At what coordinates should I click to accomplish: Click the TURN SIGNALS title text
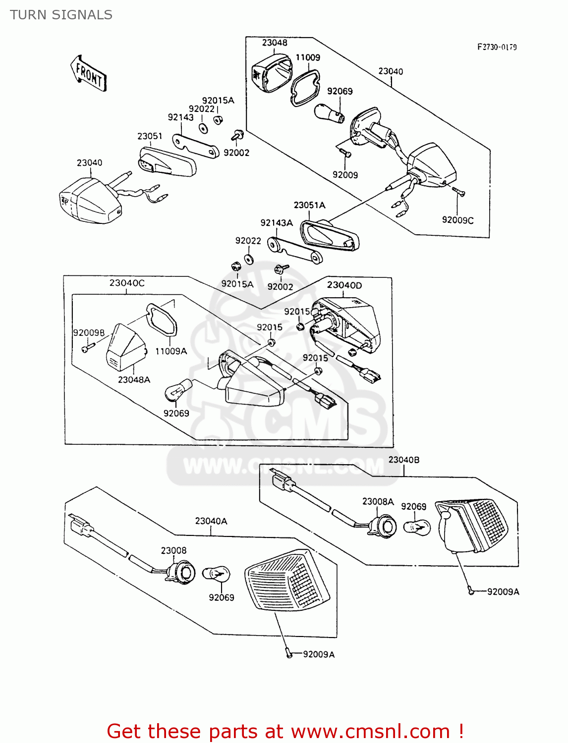coord(61,15)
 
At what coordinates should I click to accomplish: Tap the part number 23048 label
coord(275,43)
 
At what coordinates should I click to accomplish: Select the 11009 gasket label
coord(308,57)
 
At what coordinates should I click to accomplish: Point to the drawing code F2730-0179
coord(497,47)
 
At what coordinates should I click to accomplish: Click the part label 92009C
coord(457,220)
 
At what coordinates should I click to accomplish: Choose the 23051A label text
coord(309,205)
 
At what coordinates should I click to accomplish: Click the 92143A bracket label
coord(277,223)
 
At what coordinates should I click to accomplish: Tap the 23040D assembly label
coord(344,285)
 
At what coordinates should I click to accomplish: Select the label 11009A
coord(171,351)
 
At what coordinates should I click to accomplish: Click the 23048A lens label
coord(134,379)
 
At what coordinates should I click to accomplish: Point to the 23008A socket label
coord(378,501)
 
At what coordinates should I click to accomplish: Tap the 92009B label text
coord(89,332)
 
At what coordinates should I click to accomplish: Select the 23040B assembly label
coord(403,460)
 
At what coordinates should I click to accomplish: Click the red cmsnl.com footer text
coord(285,731)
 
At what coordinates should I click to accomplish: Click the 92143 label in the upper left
coord(180,117)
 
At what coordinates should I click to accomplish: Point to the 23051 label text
coord(150,136)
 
